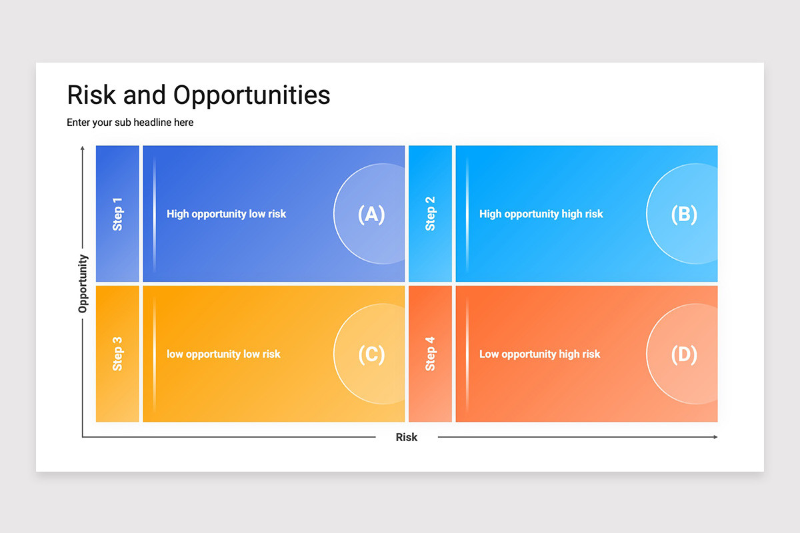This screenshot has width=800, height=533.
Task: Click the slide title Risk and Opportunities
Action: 199,96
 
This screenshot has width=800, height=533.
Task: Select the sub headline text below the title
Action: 130,123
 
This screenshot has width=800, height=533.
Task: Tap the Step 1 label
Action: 117,215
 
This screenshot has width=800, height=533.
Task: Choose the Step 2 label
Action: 431,214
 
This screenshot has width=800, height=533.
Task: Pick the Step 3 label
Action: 117,354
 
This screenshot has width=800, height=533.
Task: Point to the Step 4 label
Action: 431,354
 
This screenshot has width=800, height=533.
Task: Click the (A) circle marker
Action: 369,214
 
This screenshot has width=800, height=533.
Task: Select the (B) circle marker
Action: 682,214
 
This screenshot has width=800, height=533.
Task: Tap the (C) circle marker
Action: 369,354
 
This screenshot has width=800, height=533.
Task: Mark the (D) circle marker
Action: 682,354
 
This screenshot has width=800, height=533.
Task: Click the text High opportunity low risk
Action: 227,215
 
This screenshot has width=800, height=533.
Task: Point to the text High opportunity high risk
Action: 541,215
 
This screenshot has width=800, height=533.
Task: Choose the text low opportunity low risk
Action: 223,354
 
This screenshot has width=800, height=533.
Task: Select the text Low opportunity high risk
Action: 539,354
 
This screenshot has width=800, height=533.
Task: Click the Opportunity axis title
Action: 83,284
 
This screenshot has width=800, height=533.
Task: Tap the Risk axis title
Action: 407,437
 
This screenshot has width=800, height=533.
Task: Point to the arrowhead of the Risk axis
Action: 716,437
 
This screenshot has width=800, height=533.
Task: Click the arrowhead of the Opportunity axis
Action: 83,148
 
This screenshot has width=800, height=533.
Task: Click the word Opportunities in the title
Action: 252,96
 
